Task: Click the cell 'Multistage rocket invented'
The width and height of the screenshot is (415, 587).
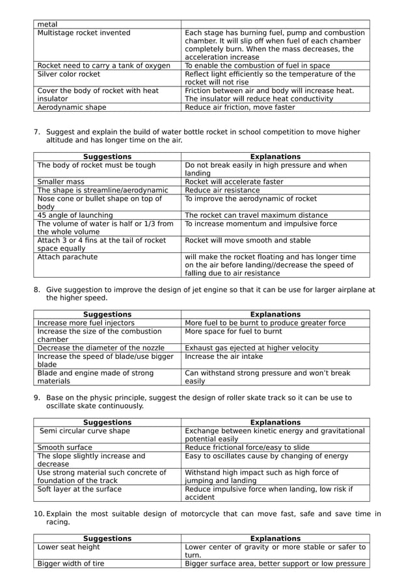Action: coord(84,33)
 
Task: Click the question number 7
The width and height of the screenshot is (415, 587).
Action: coord(36,132)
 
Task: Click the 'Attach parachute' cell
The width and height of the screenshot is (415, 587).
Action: coord(68,257)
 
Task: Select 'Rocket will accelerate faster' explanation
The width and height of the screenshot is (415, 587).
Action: coord(234,182)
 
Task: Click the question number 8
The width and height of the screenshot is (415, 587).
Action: coord(36,290)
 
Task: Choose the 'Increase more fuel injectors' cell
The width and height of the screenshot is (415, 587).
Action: coord(86,323)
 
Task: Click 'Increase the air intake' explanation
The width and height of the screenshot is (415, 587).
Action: coord(225,356)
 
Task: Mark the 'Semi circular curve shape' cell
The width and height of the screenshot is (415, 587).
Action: coord(85,431)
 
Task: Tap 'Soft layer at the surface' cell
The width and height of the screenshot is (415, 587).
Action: coord(79,489)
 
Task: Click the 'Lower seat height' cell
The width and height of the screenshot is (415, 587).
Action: coord(69,547)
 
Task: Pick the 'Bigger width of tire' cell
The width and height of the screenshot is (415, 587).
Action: coord(71,564)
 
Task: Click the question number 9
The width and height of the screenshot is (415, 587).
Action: coord(36,398)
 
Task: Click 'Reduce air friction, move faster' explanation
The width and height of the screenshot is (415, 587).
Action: coord(240,107)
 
